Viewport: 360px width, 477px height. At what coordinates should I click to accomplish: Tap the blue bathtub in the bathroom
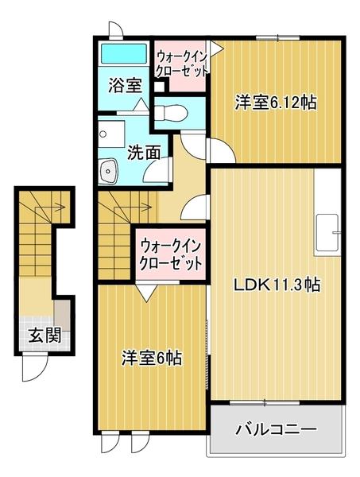[x=124, y=56]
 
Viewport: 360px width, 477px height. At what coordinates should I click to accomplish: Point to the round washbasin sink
[x=109, y=169]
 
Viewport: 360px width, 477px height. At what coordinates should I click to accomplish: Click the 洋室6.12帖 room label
[x=275, y=102]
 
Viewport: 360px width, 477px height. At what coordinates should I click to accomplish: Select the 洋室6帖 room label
[x=151, y=358]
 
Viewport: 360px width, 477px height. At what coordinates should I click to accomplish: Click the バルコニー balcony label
[x=276, y=430]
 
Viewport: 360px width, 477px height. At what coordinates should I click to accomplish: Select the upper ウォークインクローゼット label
[x=181, y=62]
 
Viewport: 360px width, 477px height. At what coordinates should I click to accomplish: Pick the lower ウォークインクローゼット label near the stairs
[x=169, y=253]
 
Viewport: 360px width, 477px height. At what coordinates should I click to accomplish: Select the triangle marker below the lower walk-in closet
[x=145, y=293]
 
